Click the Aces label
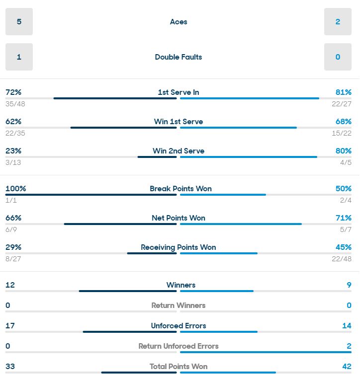pyautogui.click(x=179, y=22)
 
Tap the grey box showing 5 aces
pyautogui.click(x=19, y=22)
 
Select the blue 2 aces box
pyautogui.click(x=338, y=22)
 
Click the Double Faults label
pyautogui.click(x=179, y=57)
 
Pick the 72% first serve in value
pyautogui.click(x=13, y=92)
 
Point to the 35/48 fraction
pyautogui.click(x=15, y=104)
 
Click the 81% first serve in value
pyautogui.click(x=343, y=92)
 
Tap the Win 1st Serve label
pyautogui.click(x=179, y=122)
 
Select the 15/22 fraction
pyautogui.click(x=342, y=133)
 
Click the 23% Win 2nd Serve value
pyautogui.click(x=13, y=151)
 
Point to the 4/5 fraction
pyautogui.click(x=346, y=162)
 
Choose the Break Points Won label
pyautogui.click(x=180, y=189)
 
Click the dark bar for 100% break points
pyautogui.click(x=91, y=194)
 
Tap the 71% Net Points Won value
pyautogui.click(x=343, y=218)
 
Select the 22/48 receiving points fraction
pyautogui.click(x=342, y=259)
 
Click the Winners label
pyautogui.click(x=181, y=285)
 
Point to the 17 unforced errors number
pyautogui.click(x=10, y=326)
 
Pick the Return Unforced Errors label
pyautogui.click(x=179, y=346)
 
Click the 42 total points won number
pyautogui.click(x=347, y=367)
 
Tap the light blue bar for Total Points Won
pyautogui.click(x=228, y=372)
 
